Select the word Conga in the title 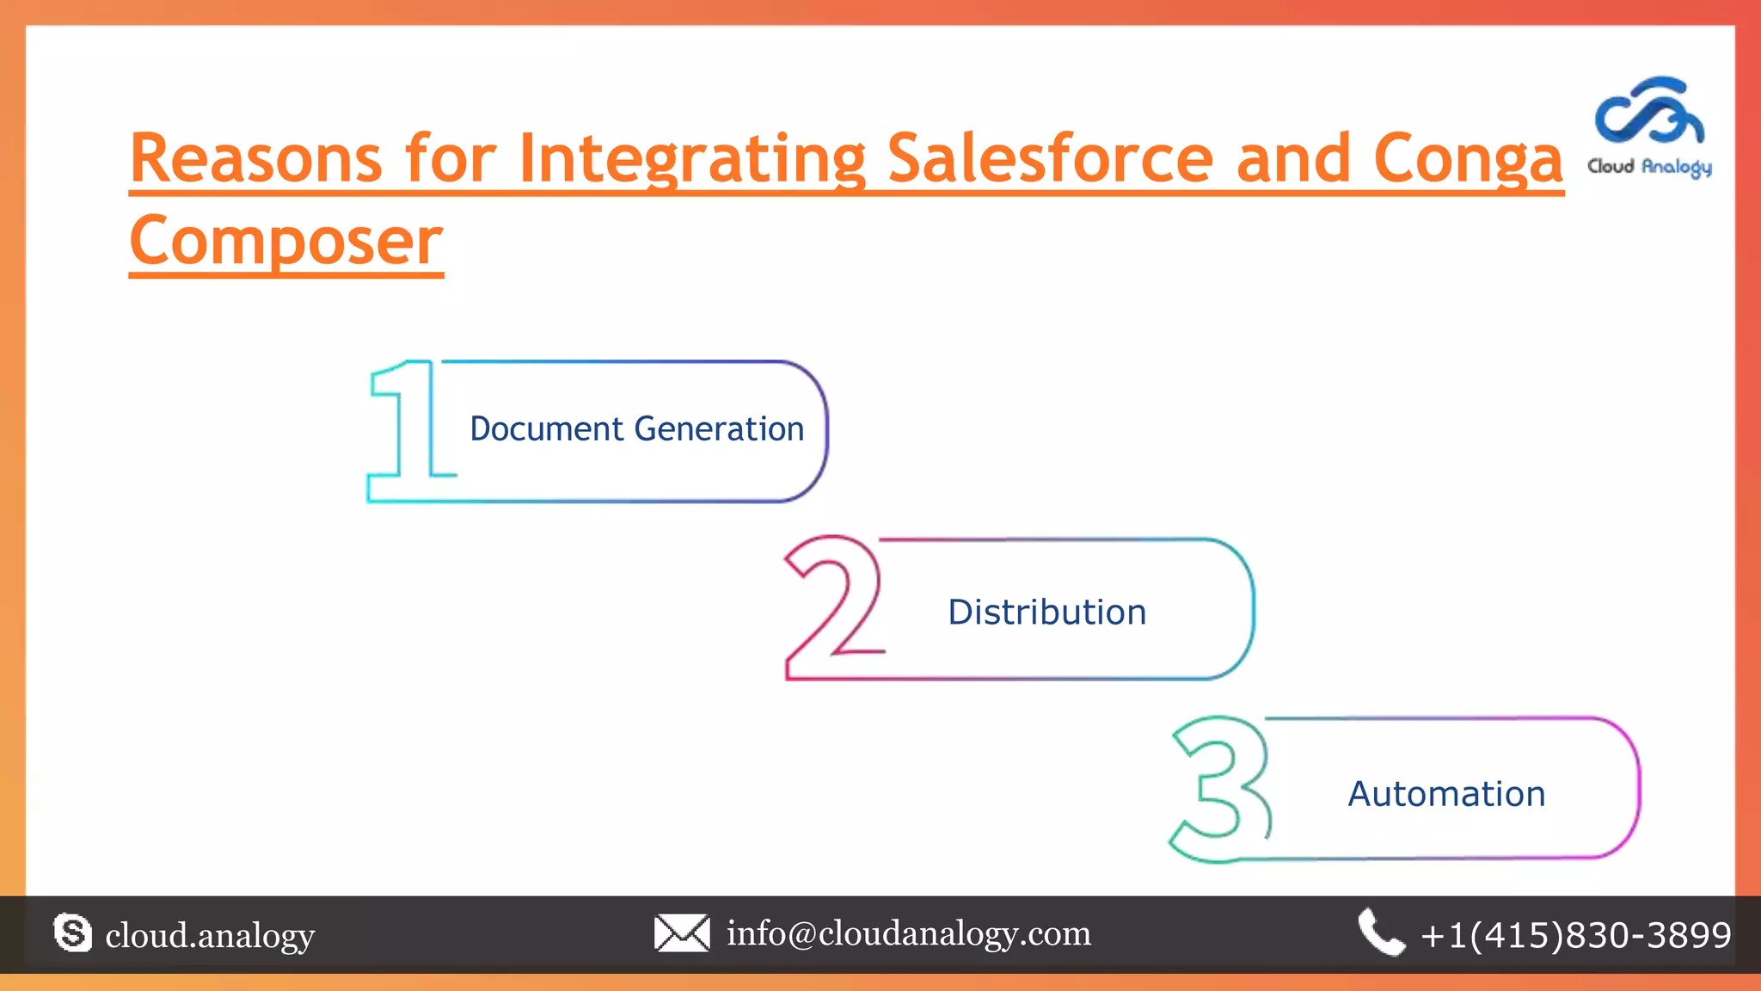1468,160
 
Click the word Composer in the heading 286,242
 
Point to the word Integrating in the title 692,160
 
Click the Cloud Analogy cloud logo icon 1649,111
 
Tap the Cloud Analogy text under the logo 1649,167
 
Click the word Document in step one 546,428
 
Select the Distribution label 1046,612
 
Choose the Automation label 1446,794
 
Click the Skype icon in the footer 72,933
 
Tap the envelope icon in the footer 682,933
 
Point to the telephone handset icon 1381,933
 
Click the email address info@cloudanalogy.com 909,933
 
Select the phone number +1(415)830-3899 1576,935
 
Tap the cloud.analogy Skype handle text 210,935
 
